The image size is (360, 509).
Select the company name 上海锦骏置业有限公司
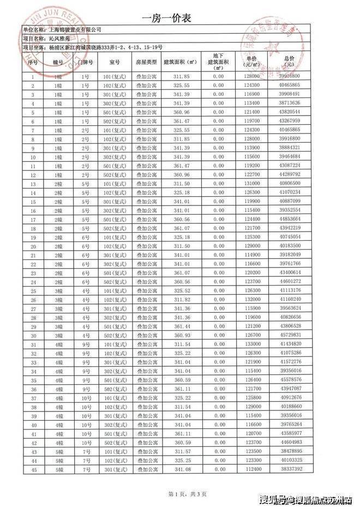point(75,29)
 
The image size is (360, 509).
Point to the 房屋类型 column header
point(146,62)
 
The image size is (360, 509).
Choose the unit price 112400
point(251,469)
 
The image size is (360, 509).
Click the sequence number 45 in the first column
point(33,469)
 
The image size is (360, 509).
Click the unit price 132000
point(251,299)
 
